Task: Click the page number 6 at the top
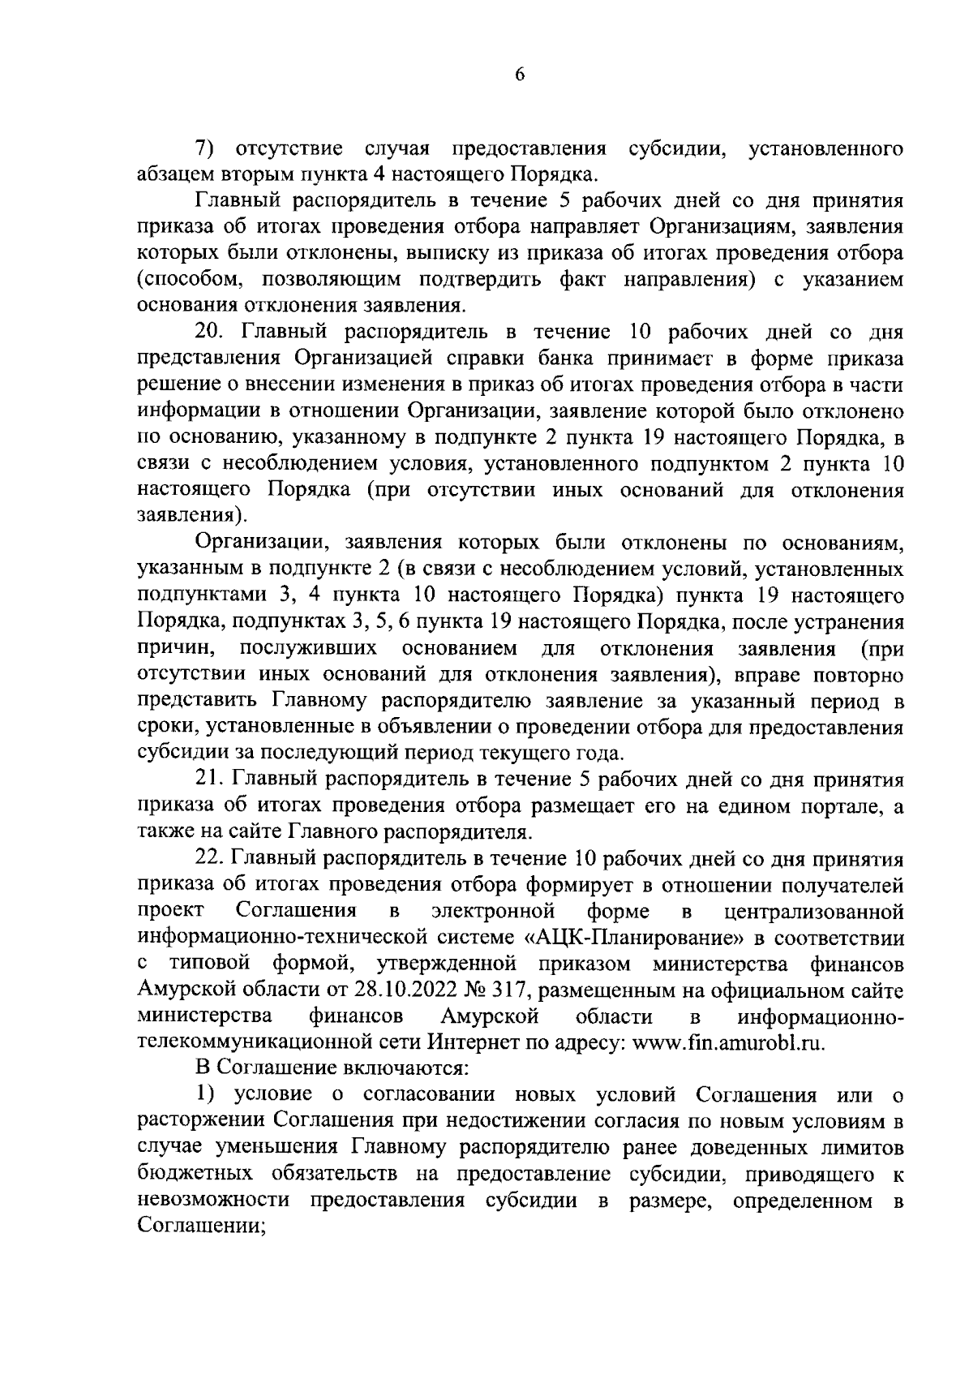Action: tap(520, 75)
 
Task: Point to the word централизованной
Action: tap(813, 912)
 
